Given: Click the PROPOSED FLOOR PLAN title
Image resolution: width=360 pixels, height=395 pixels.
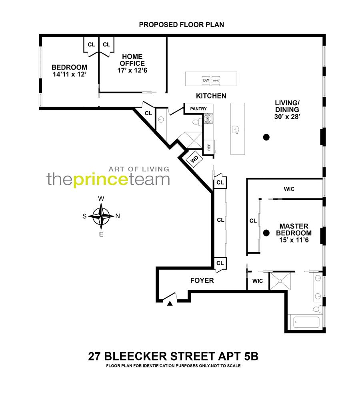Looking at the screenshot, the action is pyautogui.click(x=181, y=25).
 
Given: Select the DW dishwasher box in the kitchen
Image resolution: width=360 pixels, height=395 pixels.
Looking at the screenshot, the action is pyautogui.click(x=206, y=80).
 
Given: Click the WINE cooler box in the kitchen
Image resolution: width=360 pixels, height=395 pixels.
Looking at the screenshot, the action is pyautogui.click(x=216, y=80).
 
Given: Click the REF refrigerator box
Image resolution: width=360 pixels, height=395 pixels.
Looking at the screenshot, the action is pyautogui.click(x=209, y=147).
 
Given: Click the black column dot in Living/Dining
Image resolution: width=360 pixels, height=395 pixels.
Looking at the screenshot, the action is pyautogui.click(x=266, y=138).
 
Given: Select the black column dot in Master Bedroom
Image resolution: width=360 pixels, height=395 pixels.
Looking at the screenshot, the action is pyautogui.click(x=266, y=232).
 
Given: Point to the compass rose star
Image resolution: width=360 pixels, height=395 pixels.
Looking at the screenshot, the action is pyautogui.click(x=102, y=216).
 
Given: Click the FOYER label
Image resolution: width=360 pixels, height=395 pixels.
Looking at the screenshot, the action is pyautogui.click(x=202, y=281).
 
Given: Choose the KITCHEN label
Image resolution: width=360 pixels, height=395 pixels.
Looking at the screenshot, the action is pyautogui.click(x=211, y=96).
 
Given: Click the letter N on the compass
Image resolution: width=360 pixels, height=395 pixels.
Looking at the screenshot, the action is pyautogui.click(x=118, y=216).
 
